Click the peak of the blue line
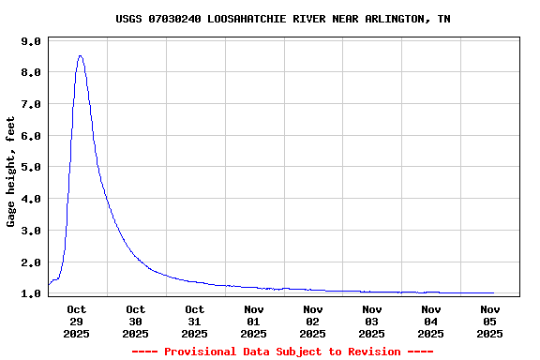click(80, 56)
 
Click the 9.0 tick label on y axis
click(31, 41)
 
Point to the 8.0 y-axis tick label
click(31, 73)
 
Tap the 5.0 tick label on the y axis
click(31, 168)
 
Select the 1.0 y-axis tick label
click(31, 293)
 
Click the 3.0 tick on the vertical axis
click(31, 231)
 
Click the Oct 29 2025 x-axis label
click(77, 321)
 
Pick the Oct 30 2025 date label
click(136, 321)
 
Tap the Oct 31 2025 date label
click(195, 321)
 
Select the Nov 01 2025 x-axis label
click(254, 321)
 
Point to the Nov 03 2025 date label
click(372, 321)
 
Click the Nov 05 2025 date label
click(490, 321)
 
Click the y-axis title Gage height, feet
click(11, 172)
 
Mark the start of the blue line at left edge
click(49, 285)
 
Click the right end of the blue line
click(493, 292)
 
